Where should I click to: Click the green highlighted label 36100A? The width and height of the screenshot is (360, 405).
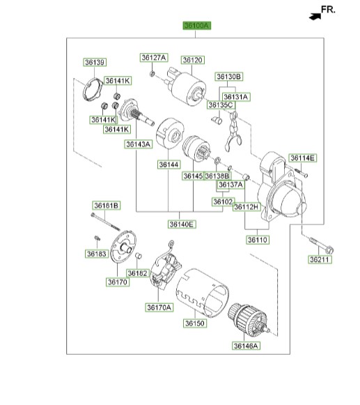(196, 26)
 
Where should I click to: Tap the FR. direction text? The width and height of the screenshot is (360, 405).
(328, 10)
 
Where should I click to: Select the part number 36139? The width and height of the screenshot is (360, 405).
(94, 63)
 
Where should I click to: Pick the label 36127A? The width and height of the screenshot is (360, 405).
(153, 57)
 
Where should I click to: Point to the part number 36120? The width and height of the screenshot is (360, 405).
(192, 61)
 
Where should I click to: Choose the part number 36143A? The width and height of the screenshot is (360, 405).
(138, 144)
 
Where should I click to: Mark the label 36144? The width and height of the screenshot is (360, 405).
(169, 165)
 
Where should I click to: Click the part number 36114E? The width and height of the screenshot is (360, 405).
(303, 158)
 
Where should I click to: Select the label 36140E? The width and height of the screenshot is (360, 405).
(182, 224)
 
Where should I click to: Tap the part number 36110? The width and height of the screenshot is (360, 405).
(257, 240)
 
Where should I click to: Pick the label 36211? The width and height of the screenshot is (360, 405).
(321, 259)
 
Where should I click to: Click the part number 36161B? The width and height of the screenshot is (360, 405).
(107, 205)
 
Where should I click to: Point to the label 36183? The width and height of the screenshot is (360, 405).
(97, 254)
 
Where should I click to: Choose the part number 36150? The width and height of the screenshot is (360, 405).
(196, 323)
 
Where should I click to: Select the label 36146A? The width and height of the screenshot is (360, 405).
(246, 345)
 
